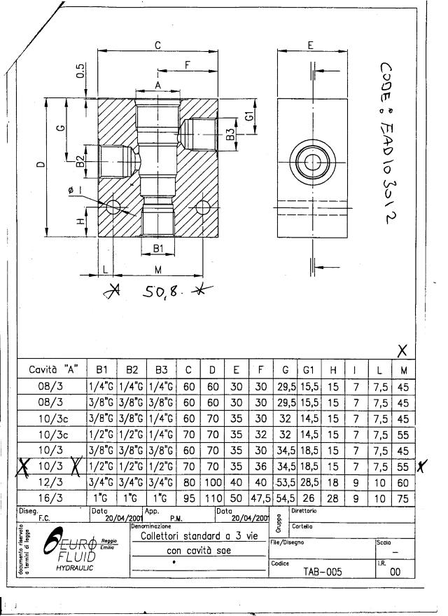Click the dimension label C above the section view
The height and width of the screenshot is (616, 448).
pyautogui.click(x=158, y=45)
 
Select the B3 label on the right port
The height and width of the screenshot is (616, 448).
pyautogui.click(x=230, y=134)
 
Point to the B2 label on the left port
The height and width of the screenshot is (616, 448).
pyautogui.click(x=80, y=163)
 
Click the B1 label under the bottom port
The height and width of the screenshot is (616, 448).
pyautogui.click(x=158, y=248)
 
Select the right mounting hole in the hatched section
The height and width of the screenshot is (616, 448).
pyautogui.click(x=203, y=207)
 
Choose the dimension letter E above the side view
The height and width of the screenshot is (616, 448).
pyautogui.click(x=310, y=45)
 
